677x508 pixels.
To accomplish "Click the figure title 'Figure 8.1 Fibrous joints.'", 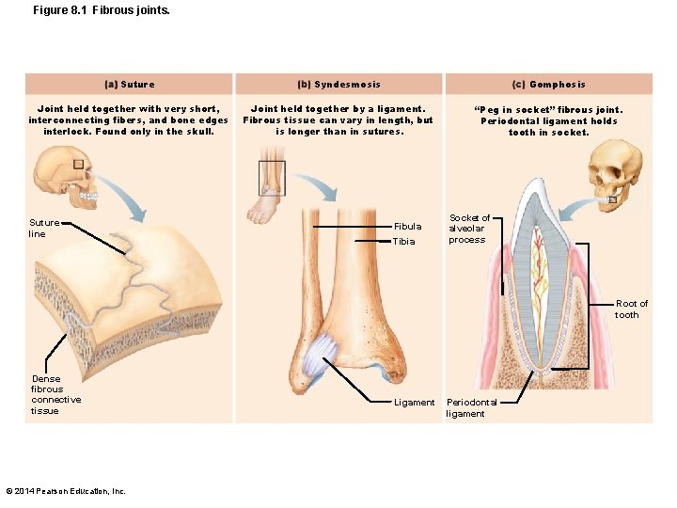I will coord(89,10).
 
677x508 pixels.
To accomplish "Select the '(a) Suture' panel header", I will coord(128,85).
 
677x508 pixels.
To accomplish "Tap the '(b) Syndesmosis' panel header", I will coord(338,85).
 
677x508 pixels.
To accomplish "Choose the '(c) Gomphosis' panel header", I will coord(548,85).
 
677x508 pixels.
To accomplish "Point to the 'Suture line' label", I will coord(43,228).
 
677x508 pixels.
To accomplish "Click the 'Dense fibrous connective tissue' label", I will coord(55,394).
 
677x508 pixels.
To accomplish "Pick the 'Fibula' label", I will coord(407,227).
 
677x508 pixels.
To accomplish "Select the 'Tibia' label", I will coord(403,242).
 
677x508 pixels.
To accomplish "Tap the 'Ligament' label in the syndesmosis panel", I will coord(414,403).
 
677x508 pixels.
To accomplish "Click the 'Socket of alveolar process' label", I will coord(468,229).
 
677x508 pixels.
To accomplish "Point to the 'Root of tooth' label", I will coord(631,309).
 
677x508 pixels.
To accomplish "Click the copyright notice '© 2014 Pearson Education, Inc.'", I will coord(66,490).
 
